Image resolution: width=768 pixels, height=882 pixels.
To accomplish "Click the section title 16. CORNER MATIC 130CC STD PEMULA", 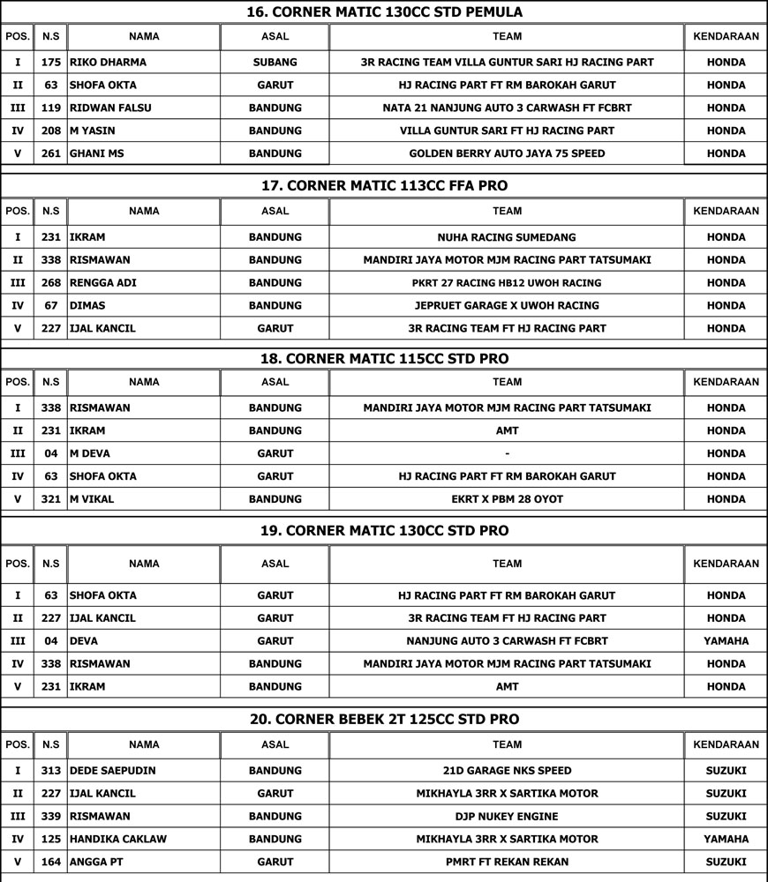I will pos(384,12).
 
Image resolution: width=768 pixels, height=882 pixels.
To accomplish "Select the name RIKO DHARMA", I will pos(108,63).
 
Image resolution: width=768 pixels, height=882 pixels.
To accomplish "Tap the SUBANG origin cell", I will pos(275,63).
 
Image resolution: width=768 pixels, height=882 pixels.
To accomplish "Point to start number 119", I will pos(50,108).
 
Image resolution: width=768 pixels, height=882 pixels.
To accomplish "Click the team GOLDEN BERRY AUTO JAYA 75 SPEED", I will pos(507,153).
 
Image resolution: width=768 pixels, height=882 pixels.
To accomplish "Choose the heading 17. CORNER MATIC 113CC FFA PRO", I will pos(384,186).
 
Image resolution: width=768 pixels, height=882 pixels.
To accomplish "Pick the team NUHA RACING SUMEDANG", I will pos(507,237).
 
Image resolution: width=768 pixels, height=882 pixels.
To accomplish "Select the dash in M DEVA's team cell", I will pos(507,454).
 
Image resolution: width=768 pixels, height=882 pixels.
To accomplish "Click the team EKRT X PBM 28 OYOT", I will pos(507,499).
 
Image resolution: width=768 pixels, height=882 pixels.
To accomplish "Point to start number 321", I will pos(50,499).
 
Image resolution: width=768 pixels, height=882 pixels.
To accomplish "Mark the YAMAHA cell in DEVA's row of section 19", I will pos(726,641).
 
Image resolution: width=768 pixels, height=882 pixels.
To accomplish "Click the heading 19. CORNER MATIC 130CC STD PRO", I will pos(384,531).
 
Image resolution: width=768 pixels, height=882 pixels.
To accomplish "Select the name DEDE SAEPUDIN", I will pos(112,771).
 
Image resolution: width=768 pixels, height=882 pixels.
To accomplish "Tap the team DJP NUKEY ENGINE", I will pos(507,817).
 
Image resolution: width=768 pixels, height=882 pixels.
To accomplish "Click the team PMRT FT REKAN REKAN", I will pos(507,862).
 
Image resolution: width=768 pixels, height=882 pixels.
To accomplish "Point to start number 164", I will pos(50,862).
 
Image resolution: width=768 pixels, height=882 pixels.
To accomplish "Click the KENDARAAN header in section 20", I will pos(726,745).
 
